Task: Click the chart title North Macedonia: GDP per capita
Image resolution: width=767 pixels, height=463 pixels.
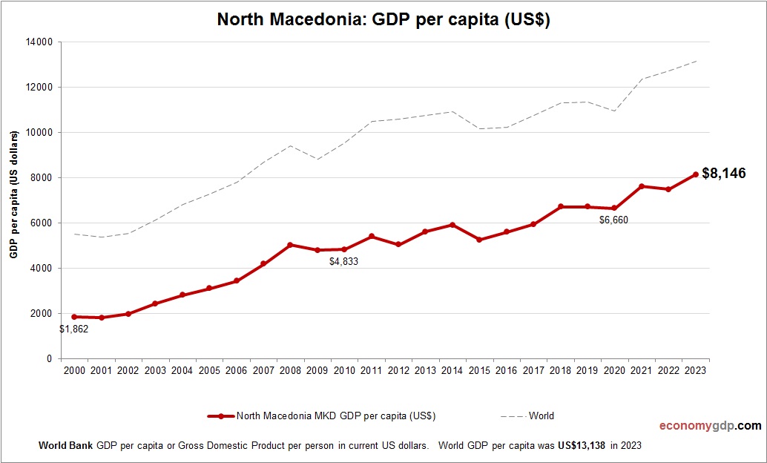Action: tap(383, 20)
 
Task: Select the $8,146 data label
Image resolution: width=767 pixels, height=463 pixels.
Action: tap(723, 174)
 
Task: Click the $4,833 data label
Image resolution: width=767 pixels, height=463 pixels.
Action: tap(344, 262)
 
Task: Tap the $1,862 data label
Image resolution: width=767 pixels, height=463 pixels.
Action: tap(74, 329)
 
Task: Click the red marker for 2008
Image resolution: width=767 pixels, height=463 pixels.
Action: tap(290, 245)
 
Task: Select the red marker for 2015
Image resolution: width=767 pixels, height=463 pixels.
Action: tap(479, 240)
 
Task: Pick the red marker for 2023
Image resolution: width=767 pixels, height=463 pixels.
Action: tap(696, 174)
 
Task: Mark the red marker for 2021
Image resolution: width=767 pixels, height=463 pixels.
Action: tap(642, 186)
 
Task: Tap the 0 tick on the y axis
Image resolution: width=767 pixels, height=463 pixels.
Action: tap(49, 359)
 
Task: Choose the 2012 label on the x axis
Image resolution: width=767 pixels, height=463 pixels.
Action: tap(398, 370)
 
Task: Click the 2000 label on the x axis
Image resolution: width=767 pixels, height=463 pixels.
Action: tap(74, 370)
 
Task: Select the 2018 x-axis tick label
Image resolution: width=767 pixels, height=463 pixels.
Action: tap(561, 370)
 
